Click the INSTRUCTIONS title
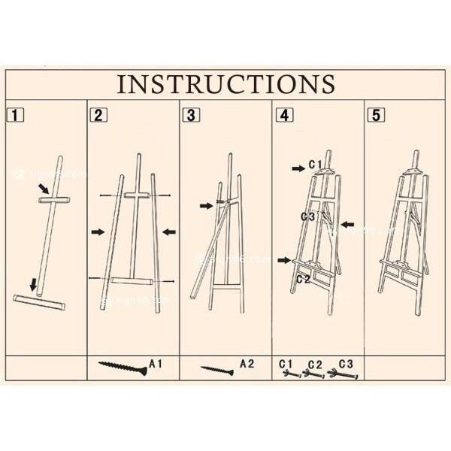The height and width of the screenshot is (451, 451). [x=225, y=83]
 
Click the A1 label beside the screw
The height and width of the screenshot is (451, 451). [x=156, y=365]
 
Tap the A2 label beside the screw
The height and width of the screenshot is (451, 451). [x=247, y=365]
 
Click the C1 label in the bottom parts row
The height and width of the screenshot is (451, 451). [x=286, y=363]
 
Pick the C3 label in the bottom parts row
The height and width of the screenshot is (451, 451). [x=346, y=363]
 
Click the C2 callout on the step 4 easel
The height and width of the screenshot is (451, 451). [x=304, y=278]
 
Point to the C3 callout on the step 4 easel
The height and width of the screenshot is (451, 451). [x=307, y=216]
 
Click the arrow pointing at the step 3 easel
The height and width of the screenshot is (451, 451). [x=206, y=205]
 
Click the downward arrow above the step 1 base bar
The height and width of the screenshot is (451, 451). [x=32, y=284]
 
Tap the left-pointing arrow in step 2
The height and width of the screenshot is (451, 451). [x=169, y=232]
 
